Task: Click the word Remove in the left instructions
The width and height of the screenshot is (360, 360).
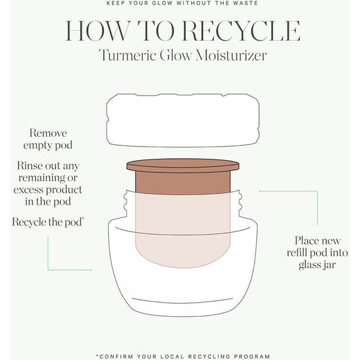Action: [x=48, y=134]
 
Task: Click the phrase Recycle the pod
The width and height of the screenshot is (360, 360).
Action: [x=49, y=222]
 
